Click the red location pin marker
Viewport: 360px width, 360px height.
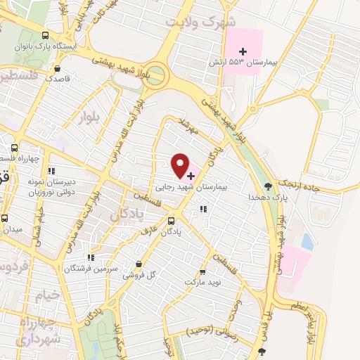[181, 165]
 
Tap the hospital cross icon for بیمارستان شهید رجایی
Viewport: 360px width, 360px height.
[191, 174]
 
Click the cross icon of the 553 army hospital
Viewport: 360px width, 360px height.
[243, 51]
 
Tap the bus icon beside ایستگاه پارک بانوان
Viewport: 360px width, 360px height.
[46, 35]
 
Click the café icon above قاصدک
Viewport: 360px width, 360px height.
[57, 68]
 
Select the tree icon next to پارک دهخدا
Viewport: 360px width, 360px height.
[268, 186]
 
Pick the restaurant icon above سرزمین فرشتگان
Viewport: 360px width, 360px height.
[89, 257]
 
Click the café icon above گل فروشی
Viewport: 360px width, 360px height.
[138, 264]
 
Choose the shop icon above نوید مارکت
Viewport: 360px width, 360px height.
[203, 271]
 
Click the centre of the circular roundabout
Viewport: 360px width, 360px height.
[157, 73]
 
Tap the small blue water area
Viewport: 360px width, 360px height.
[307, 241]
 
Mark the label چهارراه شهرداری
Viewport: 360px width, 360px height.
[27, 331]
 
